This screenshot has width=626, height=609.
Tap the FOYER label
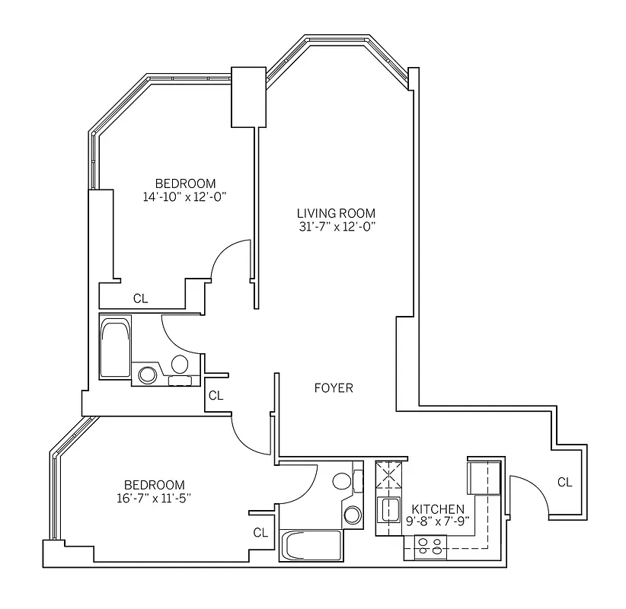point(334,388)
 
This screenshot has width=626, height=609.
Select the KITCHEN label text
point(437,509)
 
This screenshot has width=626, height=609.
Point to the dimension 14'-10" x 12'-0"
point(185,196)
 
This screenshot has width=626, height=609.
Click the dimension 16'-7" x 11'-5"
point(155,499)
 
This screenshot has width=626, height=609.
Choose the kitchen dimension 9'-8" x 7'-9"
point(437,521)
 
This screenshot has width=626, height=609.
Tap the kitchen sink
point(390,509)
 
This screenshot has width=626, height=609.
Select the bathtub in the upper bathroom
point(116,348)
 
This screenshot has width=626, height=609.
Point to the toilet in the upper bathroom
point(180,364)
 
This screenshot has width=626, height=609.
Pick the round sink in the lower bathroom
point(353,515)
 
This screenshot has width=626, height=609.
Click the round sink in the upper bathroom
point(148,375)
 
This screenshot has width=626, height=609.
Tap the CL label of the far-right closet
point(564,482)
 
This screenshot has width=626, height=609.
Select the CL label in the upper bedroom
point(140,298)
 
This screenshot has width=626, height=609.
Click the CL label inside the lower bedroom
point(260,533)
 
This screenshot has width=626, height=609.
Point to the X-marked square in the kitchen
point(390,477)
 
